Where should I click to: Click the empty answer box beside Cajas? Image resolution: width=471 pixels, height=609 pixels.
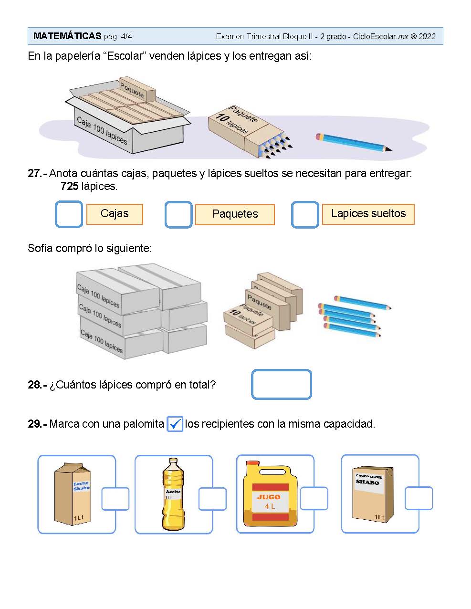pos(69,214)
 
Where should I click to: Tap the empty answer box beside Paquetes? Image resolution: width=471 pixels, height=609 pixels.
pos(178,214)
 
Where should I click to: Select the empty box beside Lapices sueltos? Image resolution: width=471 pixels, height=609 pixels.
pos(305,214)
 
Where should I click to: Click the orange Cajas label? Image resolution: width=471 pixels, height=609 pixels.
pos(115,214)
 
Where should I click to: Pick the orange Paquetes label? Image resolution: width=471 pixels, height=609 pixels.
pos(235,214)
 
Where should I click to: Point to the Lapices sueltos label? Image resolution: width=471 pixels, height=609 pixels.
pos(368,214)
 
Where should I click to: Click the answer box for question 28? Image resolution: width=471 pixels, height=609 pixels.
pos(281,384)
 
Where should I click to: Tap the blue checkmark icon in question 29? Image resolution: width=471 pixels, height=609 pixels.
pos(175,424)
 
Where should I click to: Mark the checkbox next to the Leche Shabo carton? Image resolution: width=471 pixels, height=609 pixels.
pos(115,499)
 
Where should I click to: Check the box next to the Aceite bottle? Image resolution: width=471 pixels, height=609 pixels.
pos(212,499)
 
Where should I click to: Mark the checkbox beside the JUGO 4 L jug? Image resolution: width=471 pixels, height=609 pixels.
pos(314,498)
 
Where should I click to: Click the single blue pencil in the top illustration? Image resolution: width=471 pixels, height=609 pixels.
pos(354,142)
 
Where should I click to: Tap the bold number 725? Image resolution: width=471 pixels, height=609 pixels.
pos(69,186)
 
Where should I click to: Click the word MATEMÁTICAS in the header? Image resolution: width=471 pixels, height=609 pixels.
pos(67,36)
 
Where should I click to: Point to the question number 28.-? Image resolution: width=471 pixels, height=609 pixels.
pos(37,385)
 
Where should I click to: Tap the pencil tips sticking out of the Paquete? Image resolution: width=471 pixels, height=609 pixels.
pos(277,146)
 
